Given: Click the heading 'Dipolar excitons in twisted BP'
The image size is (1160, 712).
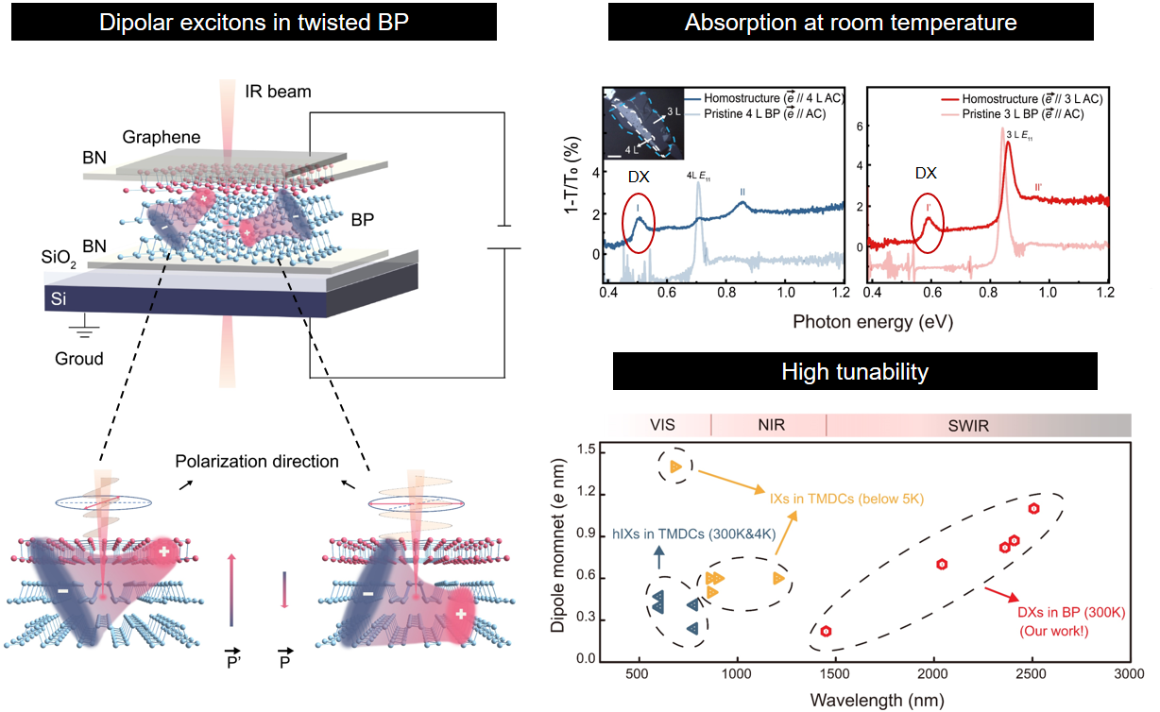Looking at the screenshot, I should (254, 23).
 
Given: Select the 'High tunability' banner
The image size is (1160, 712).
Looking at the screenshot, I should (855, 371).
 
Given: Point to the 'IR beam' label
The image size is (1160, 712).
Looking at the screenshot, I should (278, 93).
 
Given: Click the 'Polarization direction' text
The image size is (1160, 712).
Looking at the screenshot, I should (257, 462).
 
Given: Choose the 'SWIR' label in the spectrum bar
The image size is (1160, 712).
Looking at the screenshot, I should (968, 426).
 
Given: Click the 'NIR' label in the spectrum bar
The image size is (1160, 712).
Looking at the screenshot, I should (771, 426).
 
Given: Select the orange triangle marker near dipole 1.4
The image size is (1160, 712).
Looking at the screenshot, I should (675, 466).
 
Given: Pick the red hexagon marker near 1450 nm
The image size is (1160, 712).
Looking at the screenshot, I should (826, 632).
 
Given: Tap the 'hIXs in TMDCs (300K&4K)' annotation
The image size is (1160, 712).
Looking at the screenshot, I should (694, 533).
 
